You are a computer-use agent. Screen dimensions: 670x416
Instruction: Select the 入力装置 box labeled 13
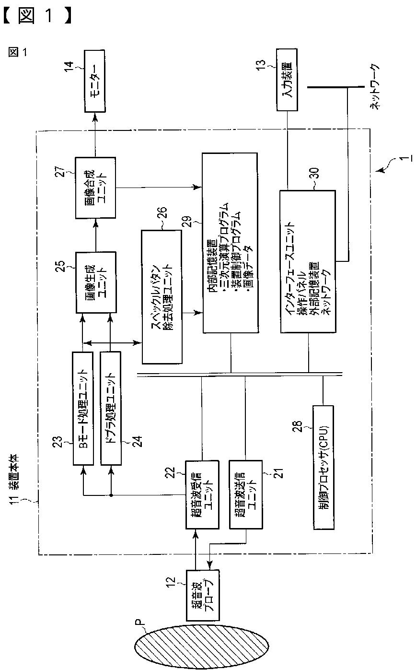click(x=287, y=80)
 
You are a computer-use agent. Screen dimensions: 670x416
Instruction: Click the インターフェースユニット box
click(x=307, y=261)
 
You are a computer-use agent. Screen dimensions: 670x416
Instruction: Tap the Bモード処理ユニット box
click(x=82, y=408)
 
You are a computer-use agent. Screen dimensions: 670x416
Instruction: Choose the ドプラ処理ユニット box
click(x=111, y=408)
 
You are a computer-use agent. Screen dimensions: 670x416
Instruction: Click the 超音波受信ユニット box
click(x=202, y=494)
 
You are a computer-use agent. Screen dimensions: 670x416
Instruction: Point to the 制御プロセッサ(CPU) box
click(x=330, y=467)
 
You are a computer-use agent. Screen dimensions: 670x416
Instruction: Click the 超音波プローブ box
click(x=202, y=595)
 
